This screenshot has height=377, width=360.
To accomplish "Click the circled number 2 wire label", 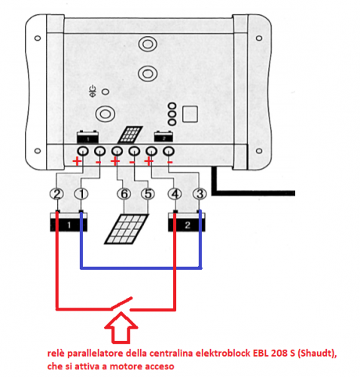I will [x=56, y=195].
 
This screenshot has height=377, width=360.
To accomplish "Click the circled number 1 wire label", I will [x=81, y=195].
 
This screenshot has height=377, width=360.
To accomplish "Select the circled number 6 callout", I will [x=124, y=195].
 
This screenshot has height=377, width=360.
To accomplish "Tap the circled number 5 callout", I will [x=148, y=195].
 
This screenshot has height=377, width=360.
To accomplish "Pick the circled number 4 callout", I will [x=175, y=195].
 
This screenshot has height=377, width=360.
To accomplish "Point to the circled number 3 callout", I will [x=200, y=195].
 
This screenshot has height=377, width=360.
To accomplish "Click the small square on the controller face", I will [x=191, y=114].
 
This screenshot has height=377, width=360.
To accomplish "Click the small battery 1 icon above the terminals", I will [x=88, y=139].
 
